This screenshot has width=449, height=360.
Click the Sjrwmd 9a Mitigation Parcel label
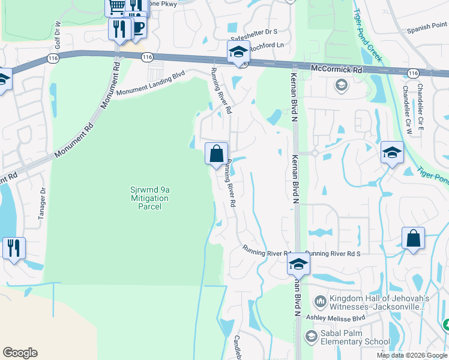pyautogui.click(x=149, y=198)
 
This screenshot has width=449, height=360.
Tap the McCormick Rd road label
pyautogui.click(x=337, y=70)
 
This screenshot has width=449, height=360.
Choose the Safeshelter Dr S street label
pyautogui.click(x=254, y=31)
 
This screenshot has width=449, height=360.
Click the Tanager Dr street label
pyautogui.click(x=43, y=204)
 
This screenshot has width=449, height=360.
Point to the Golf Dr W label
pyautogui.click(x=58, y=35)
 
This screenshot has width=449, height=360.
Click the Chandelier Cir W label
pyautogui.click(x=407, y=109)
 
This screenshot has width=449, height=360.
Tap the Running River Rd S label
pyautogui.click(x=332, y=253)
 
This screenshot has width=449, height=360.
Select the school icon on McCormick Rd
pyautogui.click(x=238, y=52)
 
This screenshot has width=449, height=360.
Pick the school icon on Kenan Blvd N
pyautogui.click(x=298, y=263)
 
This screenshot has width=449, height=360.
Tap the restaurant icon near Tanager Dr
pyautogui.click(x=14, y=248)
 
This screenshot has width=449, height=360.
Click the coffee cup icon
pyautogui.click(x=138, y=27)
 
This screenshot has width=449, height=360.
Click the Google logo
pyautogui.click(x=20, y=353)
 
